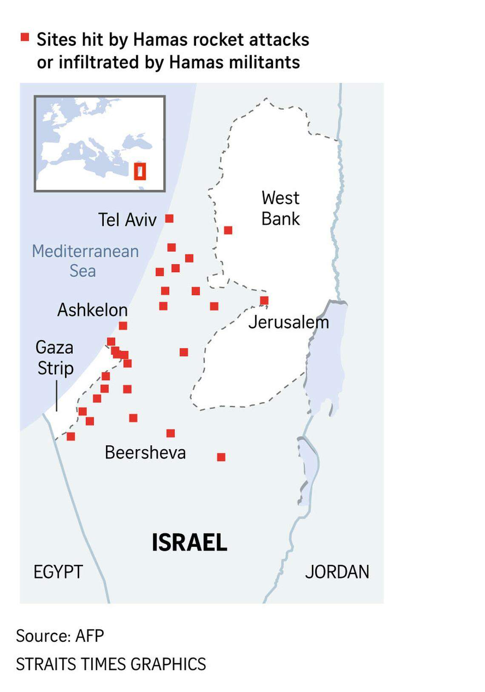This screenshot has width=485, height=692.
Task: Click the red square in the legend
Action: [x=25, y=37]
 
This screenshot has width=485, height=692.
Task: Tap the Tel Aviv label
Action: [x=127, y=220]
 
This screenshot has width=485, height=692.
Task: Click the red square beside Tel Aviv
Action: [x=169, y=219]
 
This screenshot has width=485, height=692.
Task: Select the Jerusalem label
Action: [x=288, y=322]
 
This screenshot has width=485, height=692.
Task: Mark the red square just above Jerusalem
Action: [x=264, y=301]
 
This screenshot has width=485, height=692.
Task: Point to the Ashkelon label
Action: [x=92, y=310]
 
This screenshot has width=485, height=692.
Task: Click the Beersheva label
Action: [x=145, y=453]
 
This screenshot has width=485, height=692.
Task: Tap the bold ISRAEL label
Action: [x=189, y=543]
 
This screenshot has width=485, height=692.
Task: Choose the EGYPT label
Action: [x=58, y=572]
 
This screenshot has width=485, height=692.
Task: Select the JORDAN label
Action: [x=337, y=572]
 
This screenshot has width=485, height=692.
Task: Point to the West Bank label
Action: [x=280, y=208]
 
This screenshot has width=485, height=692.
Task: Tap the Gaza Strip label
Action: [x=55, y=358]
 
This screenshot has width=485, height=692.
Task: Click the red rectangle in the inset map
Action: [x=140, y=171]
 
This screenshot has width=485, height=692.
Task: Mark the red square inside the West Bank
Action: [x=228, y=230]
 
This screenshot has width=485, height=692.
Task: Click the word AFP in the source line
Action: [x=89, y=636]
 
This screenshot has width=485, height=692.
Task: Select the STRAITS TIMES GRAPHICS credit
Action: [x=111, y=664]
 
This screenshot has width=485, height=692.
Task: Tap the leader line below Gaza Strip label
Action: [x=57, y=396]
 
